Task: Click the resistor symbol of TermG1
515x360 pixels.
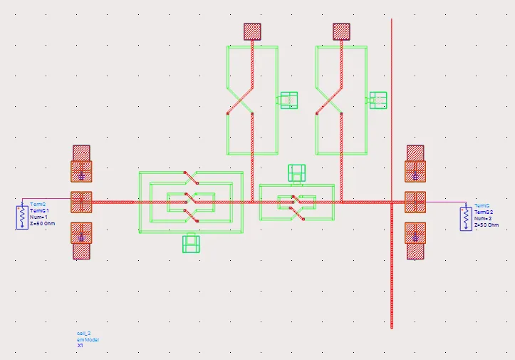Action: (22, 216)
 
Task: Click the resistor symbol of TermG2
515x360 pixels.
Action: (466, 217)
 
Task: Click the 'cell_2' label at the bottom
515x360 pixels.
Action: (83, 333)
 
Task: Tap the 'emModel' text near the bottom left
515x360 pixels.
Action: (88, 339)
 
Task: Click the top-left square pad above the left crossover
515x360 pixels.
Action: (252, 31)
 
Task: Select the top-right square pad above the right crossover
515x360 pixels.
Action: (342, 31)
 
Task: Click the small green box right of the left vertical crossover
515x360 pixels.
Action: (288, 100)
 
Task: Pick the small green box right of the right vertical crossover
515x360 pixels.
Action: (378, 100)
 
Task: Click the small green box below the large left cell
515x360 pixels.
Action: (190, 243)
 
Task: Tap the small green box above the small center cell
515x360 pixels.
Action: (296, 173)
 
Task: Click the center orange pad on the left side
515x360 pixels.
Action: (81, 202)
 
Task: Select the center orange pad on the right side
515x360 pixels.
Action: (415, 202)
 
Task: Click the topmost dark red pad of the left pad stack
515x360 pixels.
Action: (81, 153)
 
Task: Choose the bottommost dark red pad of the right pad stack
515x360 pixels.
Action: (415, 251)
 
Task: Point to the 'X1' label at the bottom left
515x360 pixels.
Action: (80, 346)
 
